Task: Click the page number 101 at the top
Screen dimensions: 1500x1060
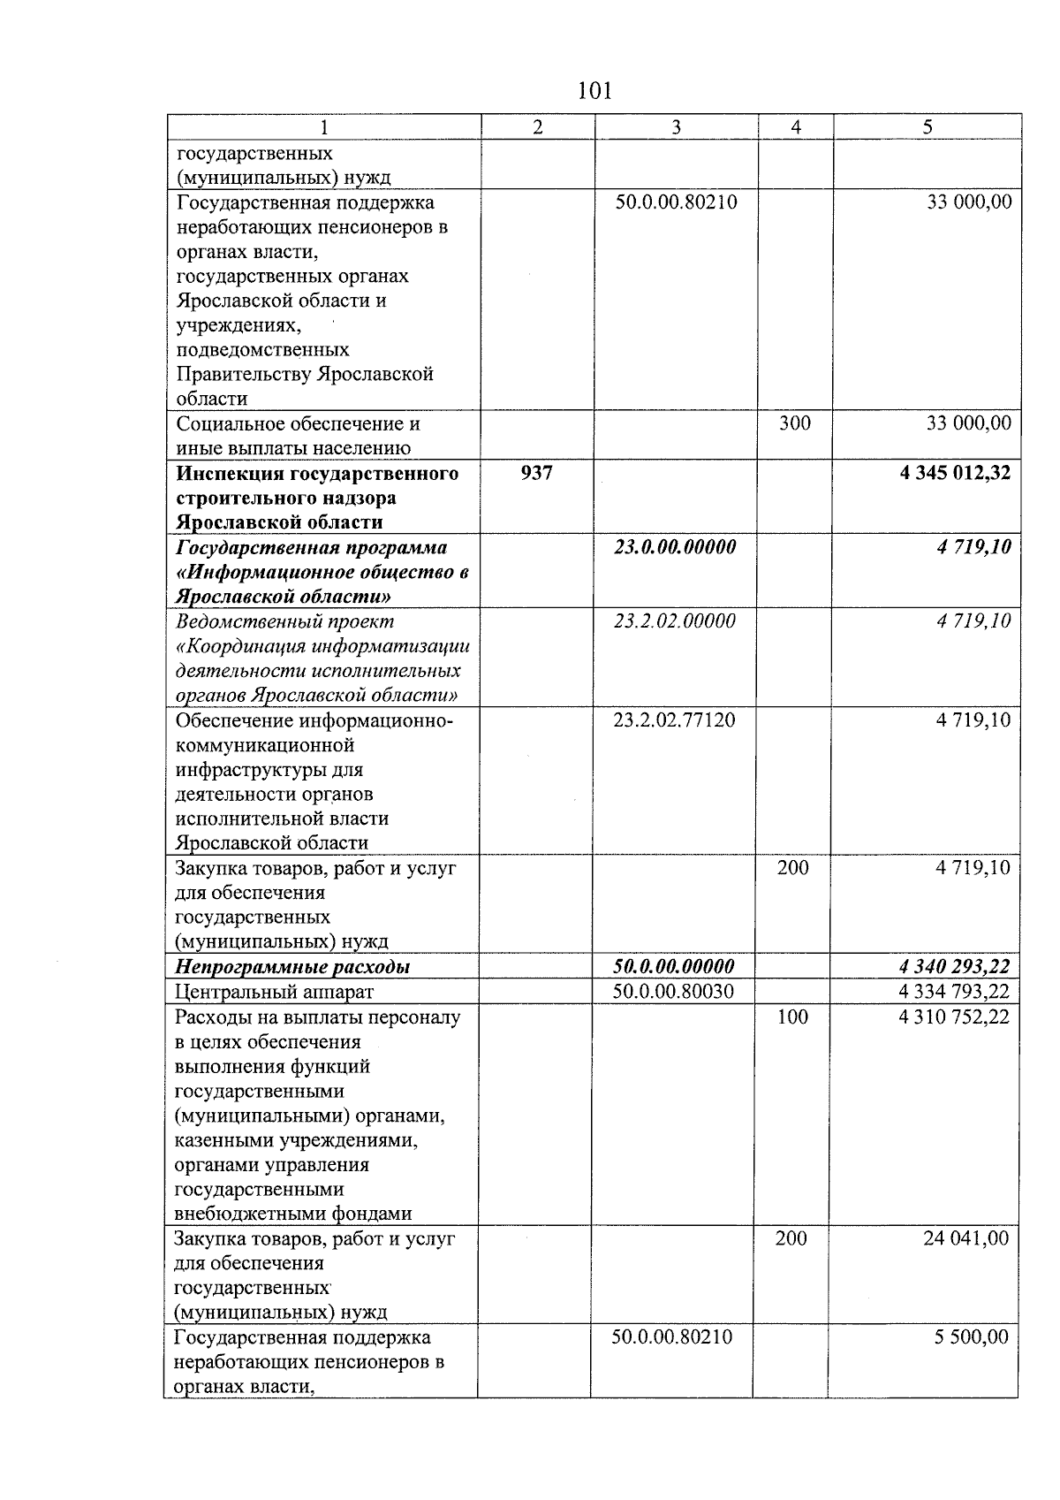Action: (x=594, y=90)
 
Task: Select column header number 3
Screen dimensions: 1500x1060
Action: (x=676, y=127)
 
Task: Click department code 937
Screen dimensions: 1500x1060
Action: (x=537, y=474)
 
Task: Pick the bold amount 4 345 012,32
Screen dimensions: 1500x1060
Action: (x=955, y=474)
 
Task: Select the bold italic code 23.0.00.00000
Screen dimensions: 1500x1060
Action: (x=675, y=547)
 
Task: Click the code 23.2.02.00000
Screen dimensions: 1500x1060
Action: (x=675, y=621)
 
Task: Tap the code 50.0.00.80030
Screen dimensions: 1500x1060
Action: (x=673, y=992)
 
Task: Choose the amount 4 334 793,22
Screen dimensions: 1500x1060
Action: (x=954, y=992)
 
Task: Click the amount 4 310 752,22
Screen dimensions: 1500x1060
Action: (x=954, y=1017)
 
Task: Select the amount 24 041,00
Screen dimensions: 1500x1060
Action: (x=965, y=1239)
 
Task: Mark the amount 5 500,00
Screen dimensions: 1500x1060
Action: (x=972, y=1337)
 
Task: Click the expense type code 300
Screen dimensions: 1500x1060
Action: (x=795, y=424)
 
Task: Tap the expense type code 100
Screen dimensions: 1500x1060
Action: (x=792, y=1017)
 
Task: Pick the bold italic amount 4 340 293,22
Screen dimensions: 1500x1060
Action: (x=954, y=967)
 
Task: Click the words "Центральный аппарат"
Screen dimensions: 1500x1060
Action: (x=275, y=993)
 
